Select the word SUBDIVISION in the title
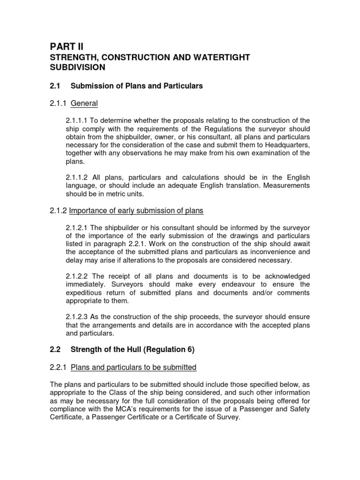77,67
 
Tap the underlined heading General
84,103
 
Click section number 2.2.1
58,367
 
